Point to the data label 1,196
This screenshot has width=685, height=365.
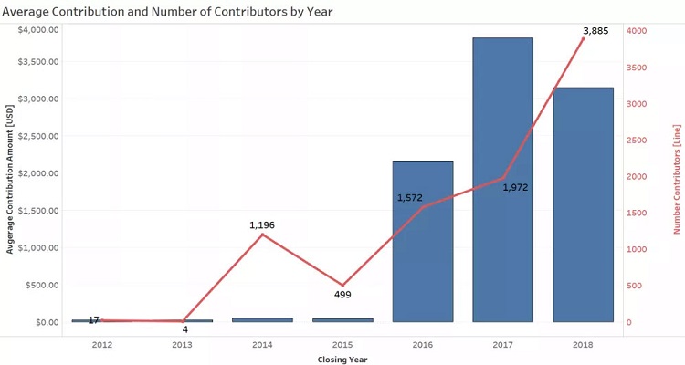(x=262, y=224)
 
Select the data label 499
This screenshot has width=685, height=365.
(x=342, y=295)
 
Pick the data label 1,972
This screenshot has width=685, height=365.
(x=515, y=187)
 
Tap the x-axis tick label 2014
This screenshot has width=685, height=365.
(x=262, y=345)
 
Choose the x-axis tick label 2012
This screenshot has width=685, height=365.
(x=102, y=345)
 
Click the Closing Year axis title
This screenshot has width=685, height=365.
(x=342, y=359)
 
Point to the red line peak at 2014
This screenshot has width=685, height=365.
(x=262, y=235)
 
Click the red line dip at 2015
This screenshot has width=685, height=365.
(x=342, y=286)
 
